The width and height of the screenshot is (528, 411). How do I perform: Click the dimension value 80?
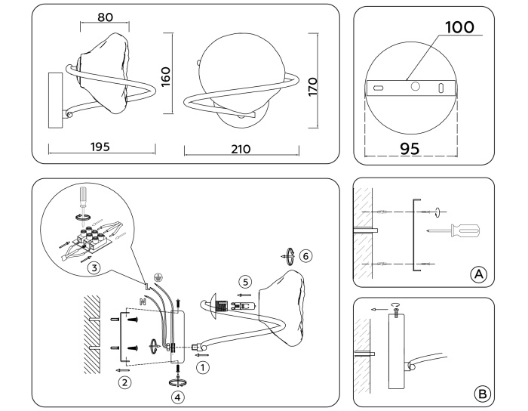click(106, 17)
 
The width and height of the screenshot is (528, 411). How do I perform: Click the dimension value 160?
click(166, 76)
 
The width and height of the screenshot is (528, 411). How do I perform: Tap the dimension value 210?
click(242, 149)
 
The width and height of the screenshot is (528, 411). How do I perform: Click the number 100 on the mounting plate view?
click(459, 29)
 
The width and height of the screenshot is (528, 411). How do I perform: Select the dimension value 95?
click(410, 149)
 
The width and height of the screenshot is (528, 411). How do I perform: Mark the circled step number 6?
click(304, 255)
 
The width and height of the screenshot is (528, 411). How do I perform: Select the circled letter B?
click(480, 393)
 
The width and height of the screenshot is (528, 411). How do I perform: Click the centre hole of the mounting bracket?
click(414, 87)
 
